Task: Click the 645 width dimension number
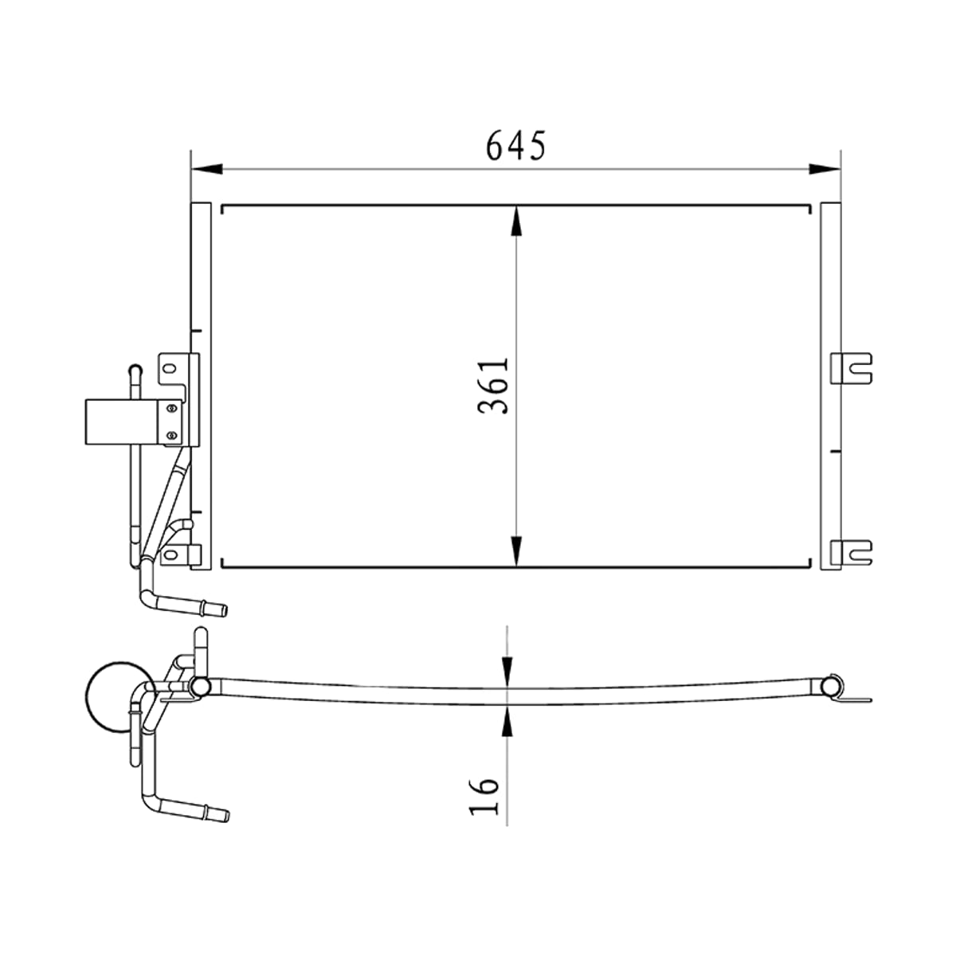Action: click(515, 145)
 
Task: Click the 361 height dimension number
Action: click(493, 386)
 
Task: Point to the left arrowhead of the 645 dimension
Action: click(207, 169)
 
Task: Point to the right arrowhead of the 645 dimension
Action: click(825, 169)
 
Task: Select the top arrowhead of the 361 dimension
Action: click(516, 221)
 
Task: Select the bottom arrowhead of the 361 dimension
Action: click(516, 550)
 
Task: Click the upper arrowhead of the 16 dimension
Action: click(507, 672)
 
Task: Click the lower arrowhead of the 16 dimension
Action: click(507, 720)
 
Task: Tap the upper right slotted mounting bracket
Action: click(852, 368)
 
